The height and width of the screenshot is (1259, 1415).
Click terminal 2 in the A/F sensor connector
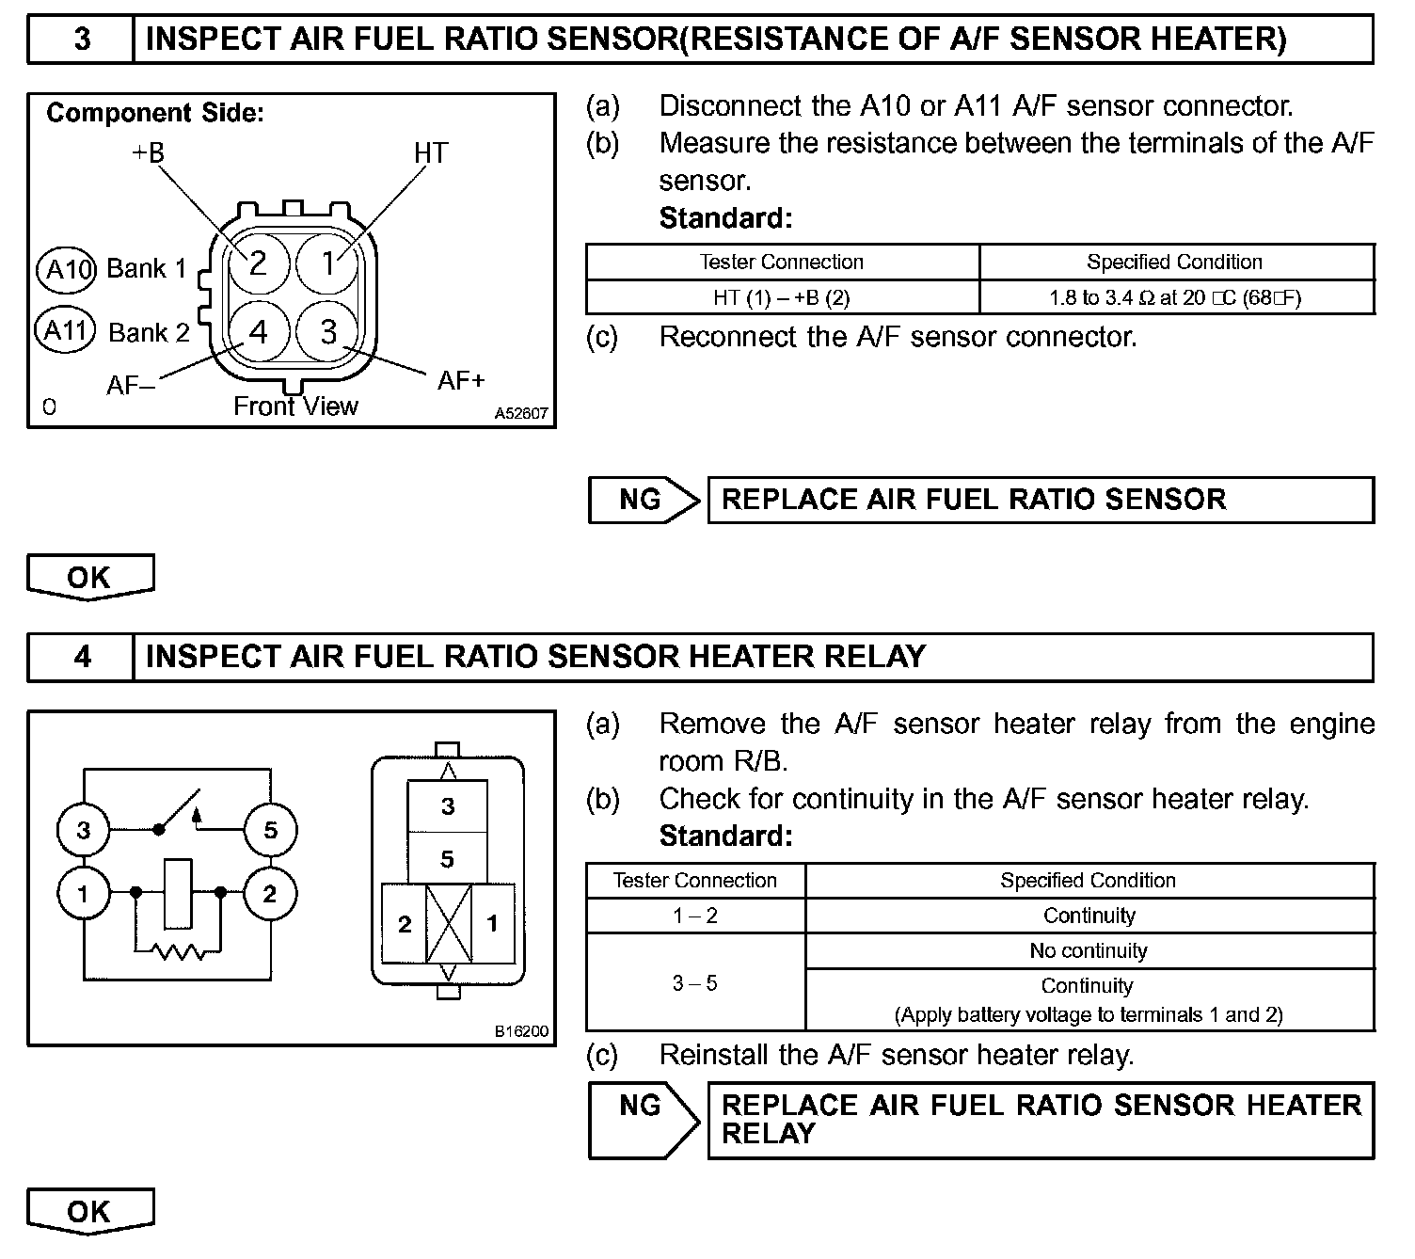[258, 263]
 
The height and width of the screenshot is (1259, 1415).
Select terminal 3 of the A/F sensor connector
[327, 331]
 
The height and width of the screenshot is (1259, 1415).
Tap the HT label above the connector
[431, 153]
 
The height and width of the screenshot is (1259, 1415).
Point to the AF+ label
[461, 380]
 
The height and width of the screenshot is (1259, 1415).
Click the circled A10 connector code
[66, 270]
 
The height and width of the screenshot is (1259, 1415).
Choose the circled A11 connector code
[65, 331]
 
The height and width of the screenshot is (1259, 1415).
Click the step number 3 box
[82, 40]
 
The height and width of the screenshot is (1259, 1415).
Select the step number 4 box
[82, 657]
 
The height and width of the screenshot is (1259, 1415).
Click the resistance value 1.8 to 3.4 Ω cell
[1175, 298]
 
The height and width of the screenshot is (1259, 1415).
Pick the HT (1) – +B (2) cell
[782, 298]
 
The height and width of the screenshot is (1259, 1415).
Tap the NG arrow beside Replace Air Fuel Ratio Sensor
[644, 500]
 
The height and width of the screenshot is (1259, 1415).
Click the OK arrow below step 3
[89, 577]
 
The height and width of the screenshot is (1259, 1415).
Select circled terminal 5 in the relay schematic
[271, 830]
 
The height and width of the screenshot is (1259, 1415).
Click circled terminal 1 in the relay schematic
[83, 893]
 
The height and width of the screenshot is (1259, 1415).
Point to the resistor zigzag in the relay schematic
[180, 952]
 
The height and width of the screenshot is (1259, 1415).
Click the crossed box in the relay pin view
[449, 923]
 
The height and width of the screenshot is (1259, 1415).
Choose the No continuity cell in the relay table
[1089, 951]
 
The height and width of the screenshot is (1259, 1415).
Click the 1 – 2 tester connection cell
[695, 916]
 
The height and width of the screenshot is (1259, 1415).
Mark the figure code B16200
[521, 1031]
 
